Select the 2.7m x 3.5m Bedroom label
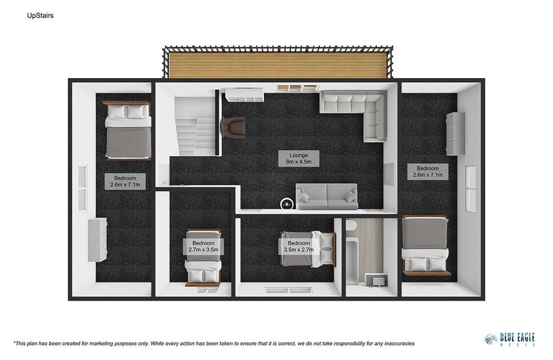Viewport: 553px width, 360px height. tap(203, 247)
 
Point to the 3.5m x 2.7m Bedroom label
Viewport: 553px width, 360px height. tap(298, 247)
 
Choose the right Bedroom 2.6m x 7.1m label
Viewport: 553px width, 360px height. tap(427, 171)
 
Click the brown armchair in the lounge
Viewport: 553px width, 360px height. tap(233, 126)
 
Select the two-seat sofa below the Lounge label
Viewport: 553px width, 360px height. tap(327, 196)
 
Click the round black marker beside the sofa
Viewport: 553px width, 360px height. tap(287, 203)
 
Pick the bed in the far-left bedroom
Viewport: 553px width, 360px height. tap(127, 130)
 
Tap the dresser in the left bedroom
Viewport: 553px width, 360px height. tap(97, 239)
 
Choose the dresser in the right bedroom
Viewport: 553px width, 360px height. tap(453, 133)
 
